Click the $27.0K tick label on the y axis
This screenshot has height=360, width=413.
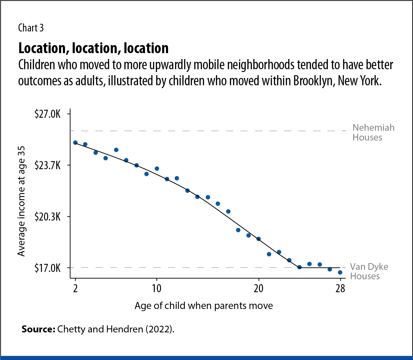click(48, 114)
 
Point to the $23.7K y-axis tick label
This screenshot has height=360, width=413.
click(48, 165)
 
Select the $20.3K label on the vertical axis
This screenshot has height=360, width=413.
click(48, 217)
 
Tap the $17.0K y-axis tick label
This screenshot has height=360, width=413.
click(48, 268)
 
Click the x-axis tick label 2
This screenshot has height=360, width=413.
click(75, 288)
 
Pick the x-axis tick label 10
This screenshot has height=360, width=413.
click(157, 288)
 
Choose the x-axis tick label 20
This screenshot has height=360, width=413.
click(259, 288)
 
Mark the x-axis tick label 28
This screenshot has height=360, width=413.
click(340, 288)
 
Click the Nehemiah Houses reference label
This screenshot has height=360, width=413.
click(373, 132)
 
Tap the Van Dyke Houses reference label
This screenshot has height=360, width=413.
click(369, 272)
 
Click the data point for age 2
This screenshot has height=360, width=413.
click(75, 143)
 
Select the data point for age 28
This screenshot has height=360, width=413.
click(340, 272)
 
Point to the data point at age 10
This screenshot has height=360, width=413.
click(157, 168)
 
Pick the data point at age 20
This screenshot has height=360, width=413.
click(259, 239)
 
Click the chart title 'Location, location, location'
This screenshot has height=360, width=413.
click(93, 48)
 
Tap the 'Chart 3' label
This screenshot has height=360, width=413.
click(31, 28)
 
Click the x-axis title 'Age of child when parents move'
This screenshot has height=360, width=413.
click(204, 306)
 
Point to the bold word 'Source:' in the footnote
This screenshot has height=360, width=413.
click(38, 329)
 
